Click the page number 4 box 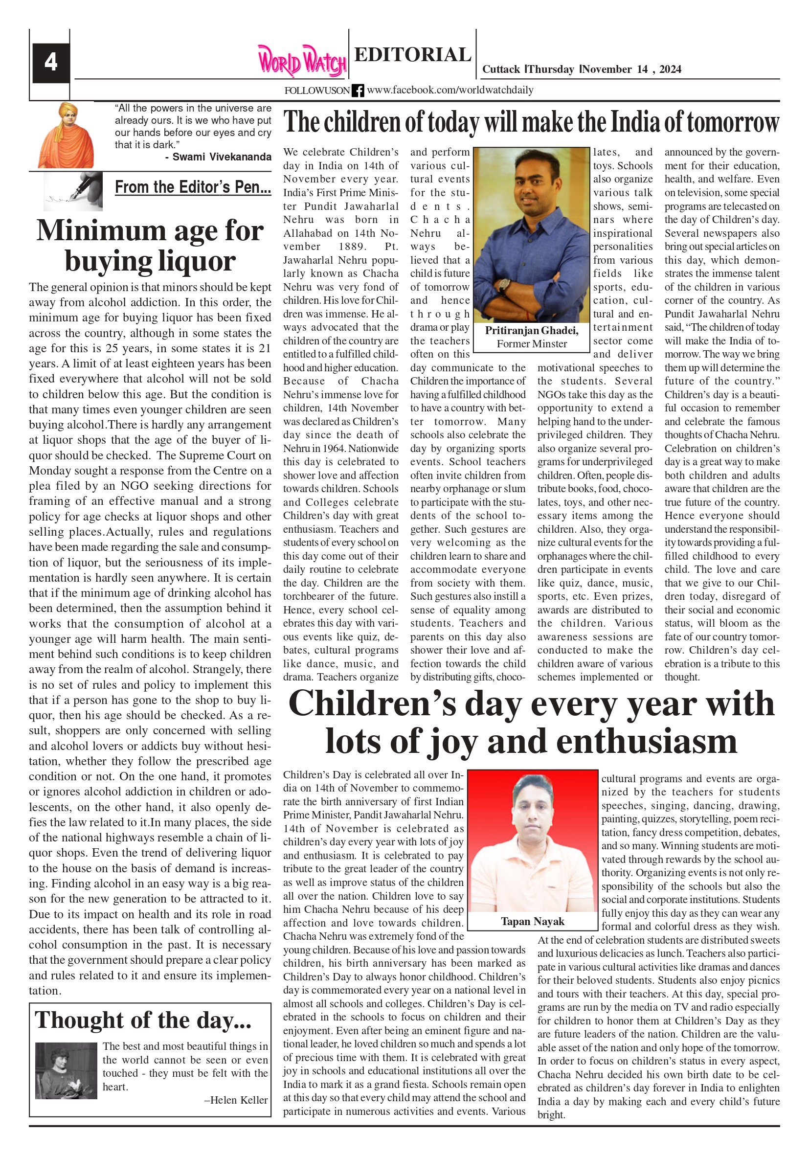pyautogui.click(x=50, y=63)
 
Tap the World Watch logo pyautogui.click(x=302, y=61)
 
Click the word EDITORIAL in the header pyautogui.click(x=412, y=54)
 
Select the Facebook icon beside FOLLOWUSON pyautogui.click(x=358, y=91)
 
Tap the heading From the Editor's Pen pyautogui.click(x=193, y=187)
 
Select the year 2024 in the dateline pyautogui.click(x=670, y=69)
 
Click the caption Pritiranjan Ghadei pyautogui.click(x=532, y=330)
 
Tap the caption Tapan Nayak pyautogui.click(x=532, y=921)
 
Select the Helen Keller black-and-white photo pyautogui.click(x=66, y=1071)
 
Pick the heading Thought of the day pyautogui.click(x=143, y=1020)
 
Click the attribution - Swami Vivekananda pyautogui.click(x=218, y=157)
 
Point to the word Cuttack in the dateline pyautogui.click(x=501, y=69)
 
